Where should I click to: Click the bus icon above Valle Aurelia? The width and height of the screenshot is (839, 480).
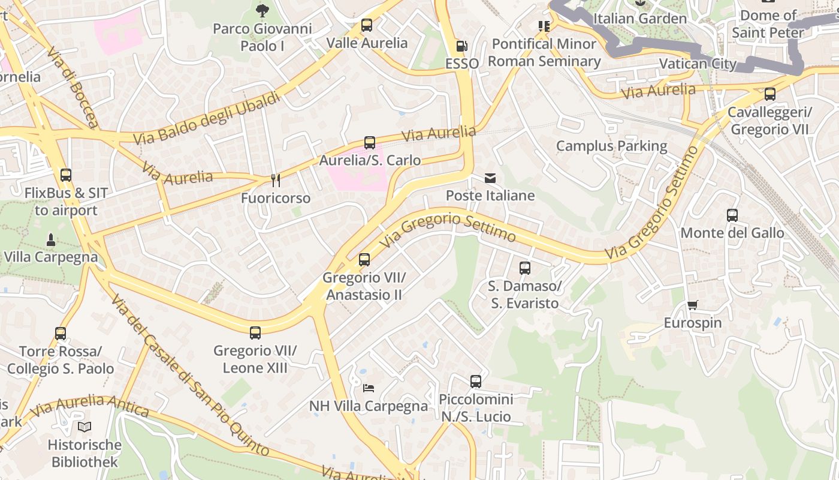[x=366, y=25]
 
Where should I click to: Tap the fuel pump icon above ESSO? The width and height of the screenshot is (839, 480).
[x=461, y=46]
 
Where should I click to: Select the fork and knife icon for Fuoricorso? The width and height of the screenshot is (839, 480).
[x=276, y=180]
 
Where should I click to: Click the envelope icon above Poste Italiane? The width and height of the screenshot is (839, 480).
[x=490, y=178]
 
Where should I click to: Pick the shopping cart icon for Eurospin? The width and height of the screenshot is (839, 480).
[x=693, y=305]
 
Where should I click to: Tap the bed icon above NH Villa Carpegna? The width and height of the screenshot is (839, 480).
[x=369, y=388]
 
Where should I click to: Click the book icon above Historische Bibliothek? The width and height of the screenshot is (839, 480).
[x=84, y=427]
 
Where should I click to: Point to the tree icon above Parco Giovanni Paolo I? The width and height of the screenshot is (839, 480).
[x=262, y=10]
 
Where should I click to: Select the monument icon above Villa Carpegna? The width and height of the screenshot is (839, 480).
[x=50, y=239]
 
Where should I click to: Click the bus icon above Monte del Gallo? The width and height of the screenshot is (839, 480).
[x=732, y=215]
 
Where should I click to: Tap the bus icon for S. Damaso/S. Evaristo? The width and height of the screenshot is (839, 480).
[x=525, y=268]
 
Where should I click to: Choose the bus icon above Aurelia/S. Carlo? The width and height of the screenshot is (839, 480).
[x=370, y=142]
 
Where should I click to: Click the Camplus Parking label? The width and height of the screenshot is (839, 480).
[x=611, y=146]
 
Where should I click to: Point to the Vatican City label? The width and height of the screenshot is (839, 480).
[x=698, y=64]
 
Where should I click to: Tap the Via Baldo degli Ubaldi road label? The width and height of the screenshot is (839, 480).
[x=207, y=118]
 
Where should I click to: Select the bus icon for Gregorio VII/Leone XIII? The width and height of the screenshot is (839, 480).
[x=255, y=333]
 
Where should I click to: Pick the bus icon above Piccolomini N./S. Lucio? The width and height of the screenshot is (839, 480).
[x=476, y=382]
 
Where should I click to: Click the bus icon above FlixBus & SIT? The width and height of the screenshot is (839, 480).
[x=66, y=175]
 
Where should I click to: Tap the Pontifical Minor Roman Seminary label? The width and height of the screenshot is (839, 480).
[x=544, y=52]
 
